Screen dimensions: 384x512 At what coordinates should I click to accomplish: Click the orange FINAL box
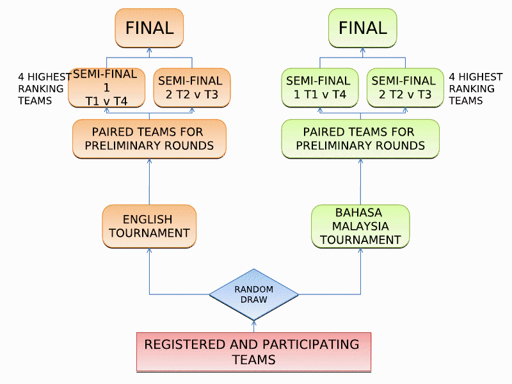[x=149, y=28]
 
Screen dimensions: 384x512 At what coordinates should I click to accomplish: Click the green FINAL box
[x=362, y=28]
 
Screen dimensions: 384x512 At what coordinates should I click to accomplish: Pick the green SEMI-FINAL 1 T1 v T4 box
[x=318, y=88]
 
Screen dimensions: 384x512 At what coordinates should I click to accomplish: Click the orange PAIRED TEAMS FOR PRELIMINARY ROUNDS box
[x=149, y=139]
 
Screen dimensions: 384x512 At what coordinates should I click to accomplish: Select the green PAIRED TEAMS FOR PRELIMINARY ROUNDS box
[x=361, y=139]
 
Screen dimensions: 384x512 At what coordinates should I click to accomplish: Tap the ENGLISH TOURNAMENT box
[x=149, y=226]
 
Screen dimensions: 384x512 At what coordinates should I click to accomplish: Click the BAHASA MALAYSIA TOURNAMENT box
[x=361, y=226]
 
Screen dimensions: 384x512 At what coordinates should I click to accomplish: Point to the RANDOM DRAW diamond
[x=254, y=294]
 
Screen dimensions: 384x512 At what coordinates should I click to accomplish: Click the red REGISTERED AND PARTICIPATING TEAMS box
[x=254, y=352]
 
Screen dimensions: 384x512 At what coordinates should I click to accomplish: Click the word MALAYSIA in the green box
[x=361, y=226]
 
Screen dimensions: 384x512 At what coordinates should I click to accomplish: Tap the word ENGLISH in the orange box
[x=147, y=220]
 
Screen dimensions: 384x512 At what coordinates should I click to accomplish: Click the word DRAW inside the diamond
[x=254, y=300]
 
